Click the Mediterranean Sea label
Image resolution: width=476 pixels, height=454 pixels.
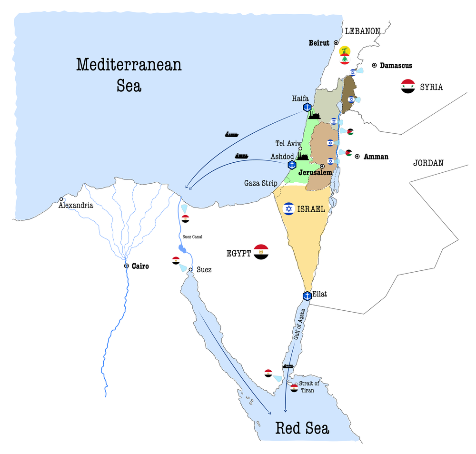coord(129,75)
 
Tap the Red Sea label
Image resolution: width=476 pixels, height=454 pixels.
coord(302,428)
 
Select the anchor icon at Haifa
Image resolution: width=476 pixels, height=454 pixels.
coord(307,107)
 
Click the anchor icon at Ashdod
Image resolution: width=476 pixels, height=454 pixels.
coord(292,165)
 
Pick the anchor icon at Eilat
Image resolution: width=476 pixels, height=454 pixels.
coord(307,296)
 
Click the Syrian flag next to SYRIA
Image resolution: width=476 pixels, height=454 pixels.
coord(408,86)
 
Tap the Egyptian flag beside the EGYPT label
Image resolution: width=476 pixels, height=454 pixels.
coord(261,252)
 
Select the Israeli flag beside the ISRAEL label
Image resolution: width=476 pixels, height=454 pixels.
coord(288,208)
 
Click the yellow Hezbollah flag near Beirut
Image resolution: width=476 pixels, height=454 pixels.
coord(345,50)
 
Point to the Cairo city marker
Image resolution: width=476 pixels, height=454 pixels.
coord(127,266)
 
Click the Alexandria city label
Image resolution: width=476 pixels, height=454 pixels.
coord(76,206)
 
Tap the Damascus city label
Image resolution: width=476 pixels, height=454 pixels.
coord(396,65)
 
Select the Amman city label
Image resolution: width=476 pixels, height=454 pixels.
coord(376,156)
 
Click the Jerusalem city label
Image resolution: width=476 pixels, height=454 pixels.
coord(315,173)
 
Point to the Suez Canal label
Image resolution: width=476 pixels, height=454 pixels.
coord(192,237)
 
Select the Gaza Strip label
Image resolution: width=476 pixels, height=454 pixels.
coord(261,183)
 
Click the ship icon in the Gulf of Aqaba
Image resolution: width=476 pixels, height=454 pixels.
coord(288,366)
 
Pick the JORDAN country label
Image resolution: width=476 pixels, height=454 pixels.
coord(428,163)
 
